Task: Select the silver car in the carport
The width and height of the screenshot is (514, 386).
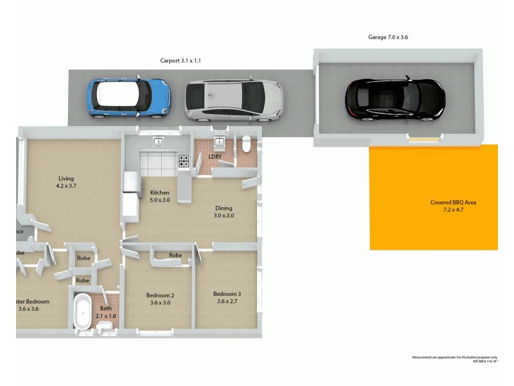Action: (x=235, y=100)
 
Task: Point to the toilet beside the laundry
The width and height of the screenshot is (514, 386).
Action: (x=246, y=144)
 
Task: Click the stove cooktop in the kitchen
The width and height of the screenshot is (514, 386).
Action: (x=184, y=161)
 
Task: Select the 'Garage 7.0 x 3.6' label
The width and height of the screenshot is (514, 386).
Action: (x=388, y=37)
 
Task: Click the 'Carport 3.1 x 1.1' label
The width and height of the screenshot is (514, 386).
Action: (x=182, y=60)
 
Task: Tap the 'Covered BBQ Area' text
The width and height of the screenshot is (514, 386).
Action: (x=453, y=203)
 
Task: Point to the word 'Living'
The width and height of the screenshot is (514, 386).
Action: (x=66, y=179)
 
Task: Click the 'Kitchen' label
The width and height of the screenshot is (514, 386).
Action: (x=159, y=192)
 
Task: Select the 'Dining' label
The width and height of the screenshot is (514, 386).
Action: (x=224, y=208)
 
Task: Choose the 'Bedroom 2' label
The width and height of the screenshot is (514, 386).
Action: (x=160, y=295)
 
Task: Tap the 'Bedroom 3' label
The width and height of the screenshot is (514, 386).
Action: (x=227, y=294)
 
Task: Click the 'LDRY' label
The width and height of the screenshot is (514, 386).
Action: (x=215, y=156)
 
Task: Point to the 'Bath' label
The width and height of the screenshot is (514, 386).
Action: (x=105, y=308)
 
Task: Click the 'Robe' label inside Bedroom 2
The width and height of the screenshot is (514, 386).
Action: (x=175, y=255)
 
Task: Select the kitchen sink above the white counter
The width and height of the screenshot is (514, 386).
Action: (x=159, y=142)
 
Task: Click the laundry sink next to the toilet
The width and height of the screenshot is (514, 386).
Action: (x=219, y=142)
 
